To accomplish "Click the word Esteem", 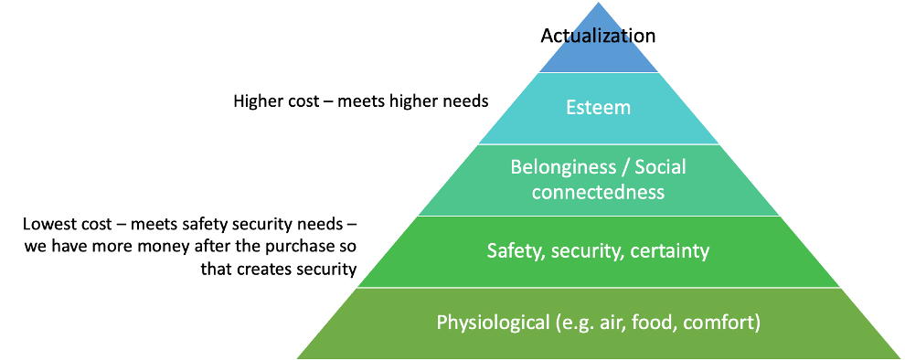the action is pos(599,108).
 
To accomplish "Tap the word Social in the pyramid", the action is pos(660,168).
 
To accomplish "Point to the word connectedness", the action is pos(598,193).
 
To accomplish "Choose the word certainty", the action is pos(670,250).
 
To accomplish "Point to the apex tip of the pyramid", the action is pos(599,4).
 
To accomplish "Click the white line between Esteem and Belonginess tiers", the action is pos(599,143).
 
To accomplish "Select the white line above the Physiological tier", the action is pos(599,288).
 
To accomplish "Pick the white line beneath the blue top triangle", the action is pos(599,72).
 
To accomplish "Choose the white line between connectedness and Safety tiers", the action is pos(599,216).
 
